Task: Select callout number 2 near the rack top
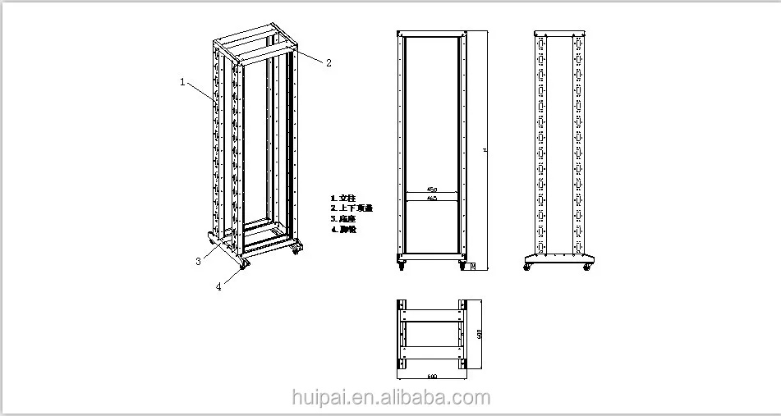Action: (328, 62)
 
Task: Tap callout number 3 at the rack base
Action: (198, 262)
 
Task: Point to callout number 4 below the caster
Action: (218, 286)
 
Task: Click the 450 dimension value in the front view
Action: (432, 190)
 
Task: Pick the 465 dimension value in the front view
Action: (432, 198)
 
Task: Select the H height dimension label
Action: (484, 150)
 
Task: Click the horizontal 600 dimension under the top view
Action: (432, 377)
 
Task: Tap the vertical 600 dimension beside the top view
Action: (478, 333)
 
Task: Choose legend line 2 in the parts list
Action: (351, 208)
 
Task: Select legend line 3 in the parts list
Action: (345, 219)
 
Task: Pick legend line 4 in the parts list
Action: (345, 230)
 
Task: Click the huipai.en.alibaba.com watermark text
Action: (391, 399)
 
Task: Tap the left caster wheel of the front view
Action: (402, 264)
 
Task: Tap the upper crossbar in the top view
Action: (432, 314)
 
